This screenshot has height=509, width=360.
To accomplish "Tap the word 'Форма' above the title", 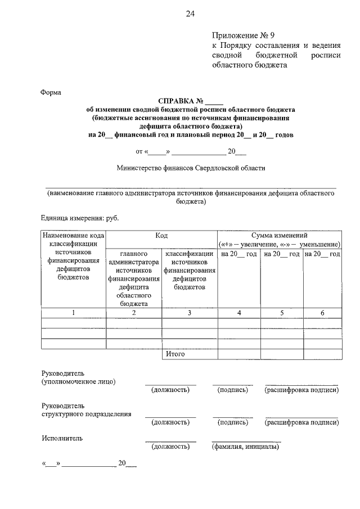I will pyautogui.click(x=51, y=92).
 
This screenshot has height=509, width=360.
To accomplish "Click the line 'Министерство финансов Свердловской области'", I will pyautogui.click(x=191, y=168).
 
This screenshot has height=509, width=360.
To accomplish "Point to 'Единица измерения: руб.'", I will pyautogui.click(x=80, y=218).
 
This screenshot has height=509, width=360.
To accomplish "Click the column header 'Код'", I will pyautogui.click(x=161, y=236).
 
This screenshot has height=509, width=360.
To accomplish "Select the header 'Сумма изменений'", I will pyautogui.click(x=279, y=236).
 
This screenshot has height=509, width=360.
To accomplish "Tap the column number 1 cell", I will pyautogui.click(x=74, y=313).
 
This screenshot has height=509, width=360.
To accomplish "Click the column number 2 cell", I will pyautogui.click(x=134, y=313).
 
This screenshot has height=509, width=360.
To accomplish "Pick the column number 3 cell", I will pyautogui.click(x=190, y=313).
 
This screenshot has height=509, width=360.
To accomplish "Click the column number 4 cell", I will pyautogui.click(x=238, y=313).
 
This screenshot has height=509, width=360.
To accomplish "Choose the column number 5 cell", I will pyautogui.click(x=281, y=313).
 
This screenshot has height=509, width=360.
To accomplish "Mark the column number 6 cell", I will pyautogui.click(x=322, y=313).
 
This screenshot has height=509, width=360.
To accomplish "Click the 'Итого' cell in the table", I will pyautogui.click(x=175, y=354).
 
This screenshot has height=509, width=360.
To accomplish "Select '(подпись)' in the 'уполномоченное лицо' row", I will pyautogui.click(x=232, y=390).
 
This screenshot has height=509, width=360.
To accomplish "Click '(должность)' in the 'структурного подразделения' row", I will pyautogui.click(x=170, y=422).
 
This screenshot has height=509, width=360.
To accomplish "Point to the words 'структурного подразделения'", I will pyautogui.click(x=87, y=414).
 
